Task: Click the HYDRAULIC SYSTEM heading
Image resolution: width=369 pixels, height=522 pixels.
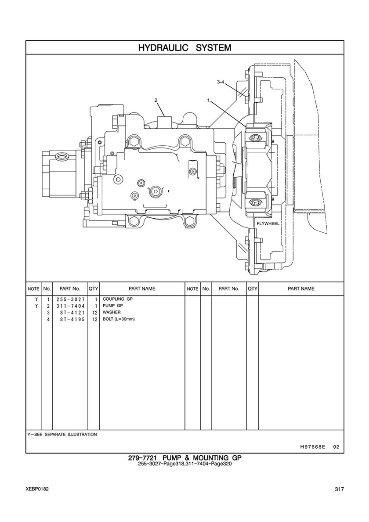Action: tap(184, 47)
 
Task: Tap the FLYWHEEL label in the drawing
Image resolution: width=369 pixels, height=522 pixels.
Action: tap(268, 223)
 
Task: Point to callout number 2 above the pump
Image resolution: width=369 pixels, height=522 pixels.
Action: tap(156, 101)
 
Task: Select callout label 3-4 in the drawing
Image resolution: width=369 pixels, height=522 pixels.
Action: tap(222, 82)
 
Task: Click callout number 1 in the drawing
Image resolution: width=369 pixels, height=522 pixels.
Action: tap(209, 101)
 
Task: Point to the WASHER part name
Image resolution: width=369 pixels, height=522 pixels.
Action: tap(112, 313)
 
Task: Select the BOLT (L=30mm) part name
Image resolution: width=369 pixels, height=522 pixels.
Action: tap(119, 319)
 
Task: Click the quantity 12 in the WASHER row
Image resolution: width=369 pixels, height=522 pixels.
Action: tap(94, 313)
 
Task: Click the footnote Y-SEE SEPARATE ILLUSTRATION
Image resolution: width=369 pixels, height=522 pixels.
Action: tap(62, 435)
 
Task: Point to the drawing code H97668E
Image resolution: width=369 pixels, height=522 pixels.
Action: tap(312, 447)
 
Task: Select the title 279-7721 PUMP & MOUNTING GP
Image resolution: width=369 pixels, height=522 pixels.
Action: tap(184, 458)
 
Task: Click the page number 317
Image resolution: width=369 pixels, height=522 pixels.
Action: tap(339, 490)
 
